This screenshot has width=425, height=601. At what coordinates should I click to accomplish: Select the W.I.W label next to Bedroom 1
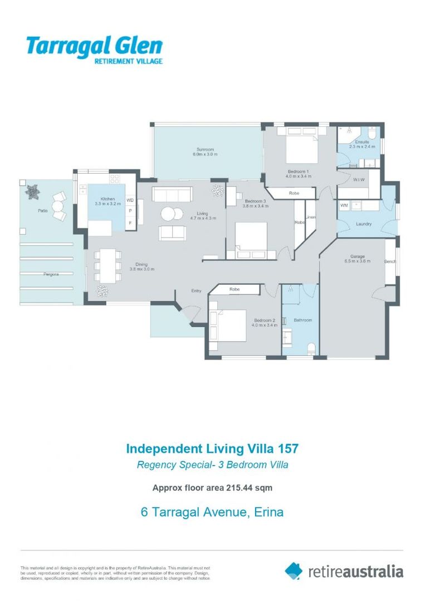pyautogui.click(x=359, y=180)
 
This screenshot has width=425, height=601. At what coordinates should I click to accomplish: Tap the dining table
pyautogui.click(x=108, y=265)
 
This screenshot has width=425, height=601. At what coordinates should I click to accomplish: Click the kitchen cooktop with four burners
pyautogui.click(x=115, y=179)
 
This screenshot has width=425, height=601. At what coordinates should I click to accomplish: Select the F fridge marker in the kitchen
pyautogui.click(x=130, y=223)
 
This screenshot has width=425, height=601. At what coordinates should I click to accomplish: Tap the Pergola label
pyautogui.click(x=51, y=274)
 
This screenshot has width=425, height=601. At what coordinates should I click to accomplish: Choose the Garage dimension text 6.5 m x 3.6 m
pyautogui.click(x=358, y=261)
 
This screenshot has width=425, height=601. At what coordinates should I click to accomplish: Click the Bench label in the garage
pyautogui.click(x=390, y=262)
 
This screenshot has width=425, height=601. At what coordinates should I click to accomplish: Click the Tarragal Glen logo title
pyautogui.click(x=94, y=46)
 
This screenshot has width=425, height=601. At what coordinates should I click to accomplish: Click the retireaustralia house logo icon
pyautogui.click(x=294, y=570)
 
